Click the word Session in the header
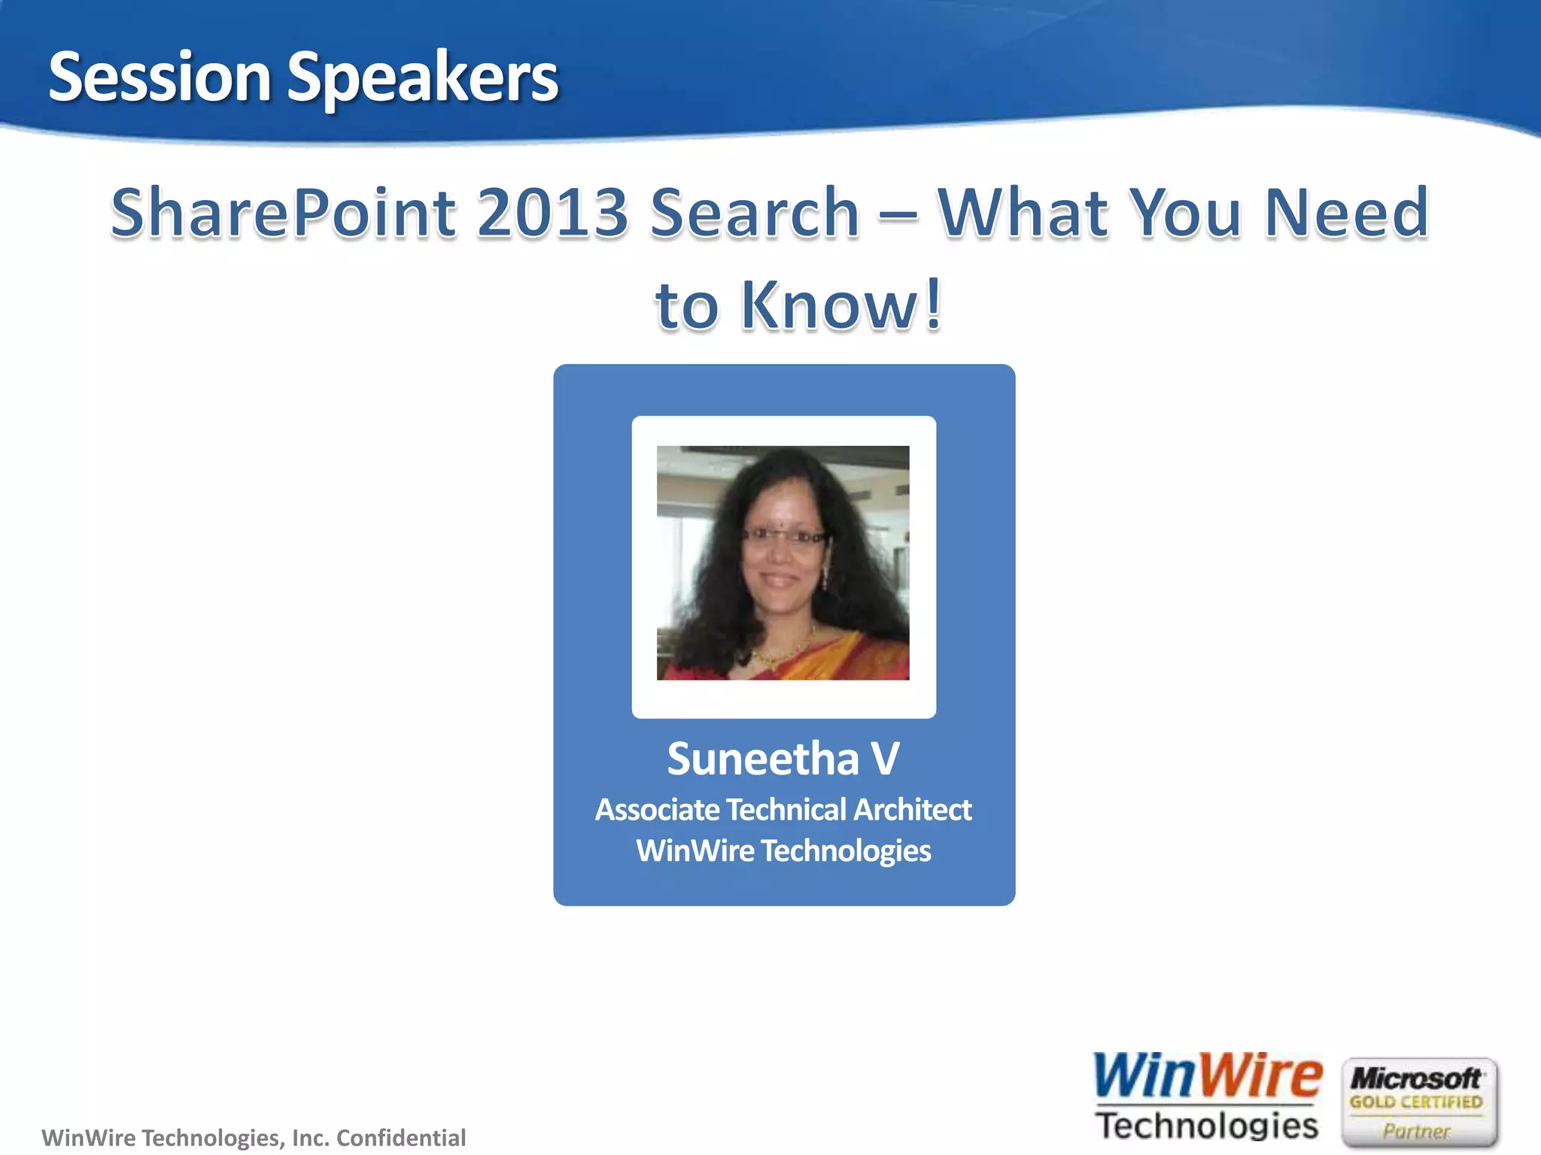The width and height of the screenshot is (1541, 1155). point(160,77)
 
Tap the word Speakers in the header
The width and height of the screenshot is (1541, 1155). point(423,78)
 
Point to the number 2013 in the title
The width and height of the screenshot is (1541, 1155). point(553,213)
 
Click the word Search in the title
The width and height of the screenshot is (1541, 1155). point(755,213)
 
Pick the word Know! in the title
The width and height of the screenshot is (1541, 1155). point(841,305)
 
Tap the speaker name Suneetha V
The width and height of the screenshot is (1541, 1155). point(783,758)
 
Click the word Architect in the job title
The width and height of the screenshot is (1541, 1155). point(912,810)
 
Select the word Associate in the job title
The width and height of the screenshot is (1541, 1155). point(658,810)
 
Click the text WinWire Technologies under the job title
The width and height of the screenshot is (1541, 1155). point(783,850)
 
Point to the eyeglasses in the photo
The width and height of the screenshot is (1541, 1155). point(783,536)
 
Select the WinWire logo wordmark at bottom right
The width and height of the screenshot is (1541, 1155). point(1207,1076)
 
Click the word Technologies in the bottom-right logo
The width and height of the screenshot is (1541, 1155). point(1207,1126)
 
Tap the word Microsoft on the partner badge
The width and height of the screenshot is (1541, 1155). point(1415,1078)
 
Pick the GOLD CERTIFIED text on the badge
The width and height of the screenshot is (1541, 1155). point(1415,1102)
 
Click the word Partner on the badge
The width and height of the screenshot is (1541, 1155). point(1415,1131)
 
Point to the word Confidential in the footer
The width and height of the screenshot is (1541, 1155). point(401,1138)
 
